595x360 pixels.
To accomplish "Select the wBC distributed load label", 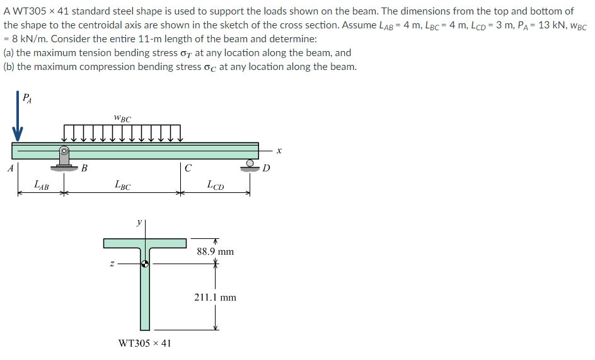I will (122, 118).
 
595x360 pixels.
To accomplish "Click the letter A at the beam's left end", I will (9, 168).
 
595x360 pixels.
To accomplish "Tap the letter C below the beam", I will (188, 168).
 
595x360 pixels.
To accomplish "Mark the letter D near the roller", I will (266, 168).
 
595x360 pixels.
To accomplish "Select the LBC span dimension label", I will (122, 185).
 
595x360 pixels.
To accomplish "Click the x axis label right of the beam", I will (277, 151).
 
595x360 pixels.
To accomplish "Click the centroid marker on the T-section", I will (145, 264).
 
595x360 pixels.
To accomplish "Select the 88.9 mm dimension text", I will (215, 252).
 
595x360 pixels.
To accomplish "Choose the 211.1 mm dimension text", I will (215, 297).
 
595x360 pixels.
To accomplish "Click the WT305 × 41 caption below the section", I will (145, 344).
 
